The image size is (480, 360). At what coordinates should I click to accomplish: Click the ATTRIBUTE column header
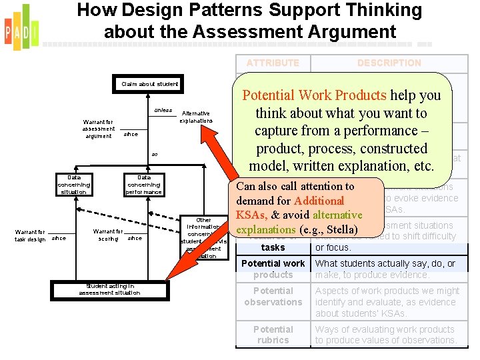[273, 63]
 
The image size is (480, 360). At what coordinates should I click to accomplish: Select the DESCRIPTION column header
[389, 63]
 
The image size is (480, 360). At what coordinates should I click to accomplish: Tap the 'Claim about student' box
[149, 84]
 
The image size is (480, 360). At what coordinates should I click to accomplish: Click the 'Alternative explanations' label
[195, 117]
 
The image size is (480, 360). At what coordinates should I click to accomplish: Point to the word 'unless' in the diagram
[163, 110]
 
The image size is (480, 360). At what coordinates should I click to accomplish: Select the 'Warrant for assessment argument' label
[99, 129]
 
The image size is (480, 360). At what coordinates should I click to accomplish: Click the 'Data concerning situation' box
[73, 185]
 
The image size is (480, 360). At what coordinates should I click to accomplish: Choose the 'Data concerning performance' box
[144, 185]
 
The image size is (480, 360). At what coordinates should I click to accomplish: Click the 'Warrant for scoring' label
[108, 235]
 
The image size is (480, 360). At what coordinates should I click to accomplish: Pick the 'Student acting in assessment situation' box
[109, 289]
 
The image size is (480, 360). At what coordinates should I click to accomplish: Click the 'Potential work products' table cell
[273, 269]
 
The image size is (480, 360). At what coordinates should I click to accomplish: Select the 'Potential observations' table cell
[273, 297]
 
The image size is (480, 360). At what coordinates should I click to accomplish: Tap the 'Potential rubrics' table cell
[273, 335]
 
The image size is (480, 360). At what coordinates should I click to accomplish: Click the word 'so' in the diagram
[154, 155]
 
